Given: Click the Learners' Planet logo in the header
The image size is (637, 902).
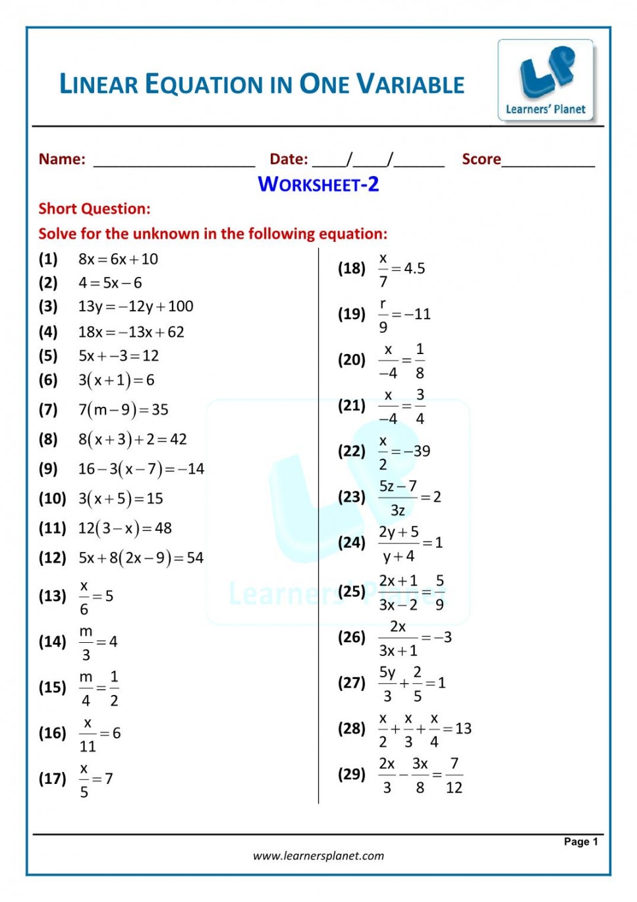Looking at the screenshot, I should (546, 80).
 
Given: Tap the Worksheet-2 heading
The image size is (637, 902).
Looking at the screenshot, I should (318, 184).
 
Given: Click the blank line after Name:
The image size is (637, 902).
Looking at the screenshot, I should (174, 162).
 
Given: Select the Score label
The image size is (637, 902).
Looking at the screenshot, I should (481, 159).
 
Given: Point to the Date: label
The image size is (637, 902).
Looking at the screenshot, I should (289, 159).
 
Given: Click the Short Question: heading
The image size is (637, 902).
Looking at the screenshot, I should (94, 209).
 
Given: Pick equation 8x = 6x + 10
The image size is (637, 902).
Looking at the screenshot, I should (118, 259).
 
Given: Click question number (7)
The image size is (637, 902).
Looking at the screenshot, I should (48, 409).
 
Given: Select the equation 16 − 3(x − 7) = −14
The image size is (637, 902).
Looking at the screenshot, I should (141, 469).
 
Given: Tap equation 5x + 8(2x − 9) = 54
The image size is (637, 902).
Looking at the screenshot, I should (141, 558).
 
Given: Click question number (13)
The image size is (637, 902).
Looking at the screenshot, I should (52, 596).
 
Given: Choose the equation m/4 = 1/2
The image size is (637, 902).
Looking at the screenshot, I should (99, 688).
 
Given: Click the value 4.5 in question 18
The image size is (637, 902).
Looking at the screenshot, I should (414, 268).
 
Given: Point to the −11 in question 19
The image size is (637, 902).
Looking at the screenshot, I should (418, 314).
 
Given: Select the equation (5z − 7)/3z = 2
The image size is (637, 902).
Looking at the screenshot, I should (409, 497).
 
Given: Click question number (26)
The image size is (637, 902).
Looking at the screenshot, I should (351, 637).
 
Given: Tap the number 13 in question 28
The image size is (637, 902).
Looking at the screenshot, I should (463, 729).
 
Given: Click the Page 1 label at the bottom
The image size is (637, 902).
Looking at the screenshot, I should (580, 841).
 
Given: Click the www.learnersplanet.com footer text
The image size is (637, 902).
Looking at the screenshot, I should (318, 856).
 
